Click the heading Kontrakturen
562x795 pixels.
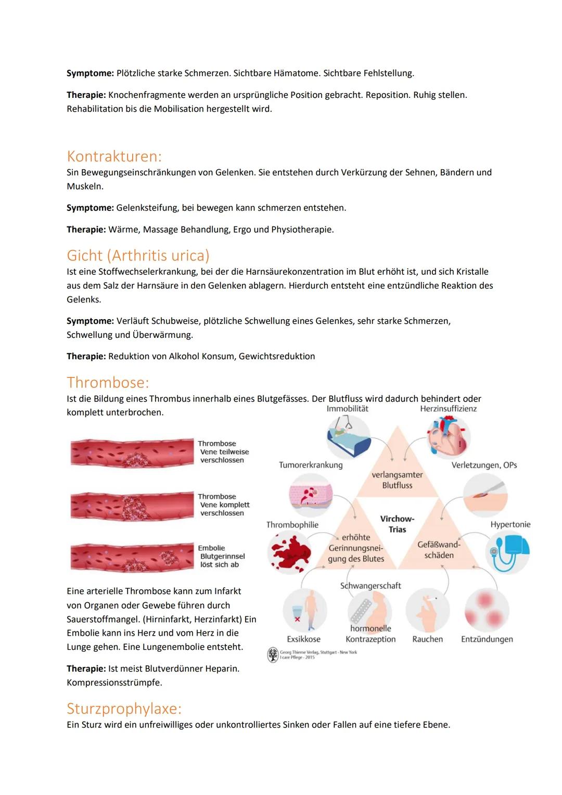114,156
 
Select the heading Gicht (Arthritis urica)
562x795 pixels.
138,256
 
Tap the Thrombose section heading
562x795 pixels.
108,383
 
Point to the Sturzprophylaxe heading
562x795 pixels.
124,709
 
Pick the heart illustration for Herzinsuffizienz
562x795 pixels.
448,437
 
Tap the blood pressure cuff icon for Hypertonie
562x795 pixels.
507,552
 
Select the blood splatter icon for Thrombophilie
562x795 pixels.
289,552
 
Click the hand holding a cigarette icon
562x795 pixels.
427,610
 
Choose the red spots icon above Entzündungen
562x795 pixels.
486,610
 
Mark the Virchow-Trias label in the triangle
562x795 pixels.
397,524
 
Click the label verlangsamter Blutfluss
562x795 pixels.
397,480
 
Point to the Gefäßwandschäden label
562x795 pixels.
439,550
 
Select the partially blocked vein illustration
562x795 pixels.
132,451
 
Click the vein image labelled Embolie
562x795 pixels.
132,557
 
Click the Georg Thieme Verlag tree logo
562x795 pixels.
273,654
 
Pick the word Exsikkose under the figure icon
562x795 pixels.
304,639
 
